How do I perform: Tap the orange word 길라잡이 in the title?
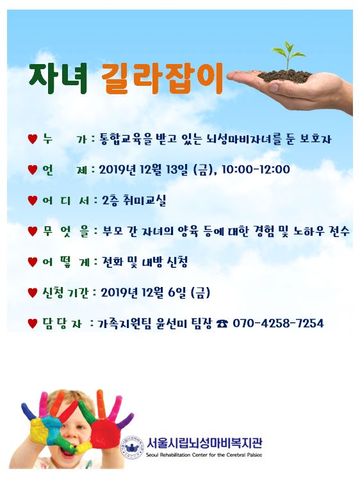click(162, 79)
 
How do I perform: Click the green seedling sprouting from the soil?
click(288, 56)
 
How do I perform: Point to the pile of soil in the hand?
click(284, 76)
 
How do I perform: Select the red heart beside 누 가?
click(33, 139)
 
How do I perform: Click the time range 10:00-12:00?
click(256, 170)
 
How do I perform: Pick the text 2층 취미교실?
click(134, 201)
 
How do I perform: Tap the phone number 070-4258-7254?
click(278, 324)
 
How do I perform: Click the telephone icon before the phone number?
click(222, 324)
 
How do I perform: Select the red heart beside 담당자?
click(33, 324)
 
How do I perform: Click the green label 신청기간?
click(65, 293)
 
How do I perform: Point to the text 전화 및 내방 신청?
click(145, 262)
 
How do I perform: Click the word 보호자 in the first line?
click(315, 139)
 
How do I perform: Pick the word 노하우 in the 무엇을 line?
click(309, 231)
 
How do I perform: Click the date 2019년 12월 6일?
click(143, 293)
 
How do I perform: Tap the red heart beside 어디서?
click(33, 201)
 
